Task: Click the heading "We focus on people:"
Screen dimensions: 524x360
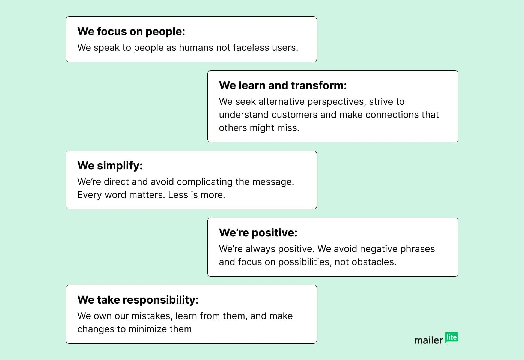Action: [131, 32]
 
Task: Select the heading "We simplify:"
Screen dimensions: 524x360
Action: [110, 166]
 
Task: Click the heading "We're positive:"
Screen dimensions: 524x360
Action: [258, 233]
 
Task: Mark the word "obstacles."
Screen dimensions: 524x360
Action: [374, 262]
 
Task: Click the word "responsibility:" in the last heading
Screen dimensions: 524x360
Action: [161, 300]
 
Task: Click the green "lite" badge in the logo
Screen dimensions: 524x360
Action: [452, 337]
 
